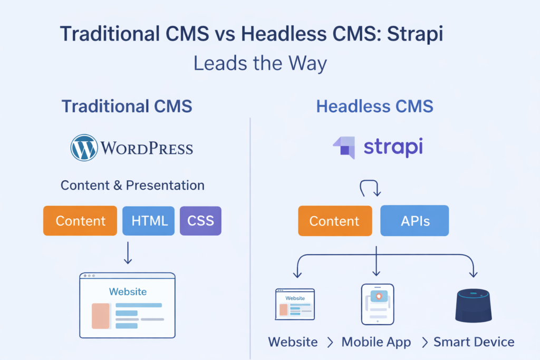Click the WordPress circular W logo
pyautogui.click(x=84, y=148)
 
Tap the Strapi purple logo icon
pyautogui.click(x=344, y=147)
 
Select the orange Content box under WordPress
pyautogui.click(x=80, y=221)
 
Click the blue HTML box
pyautogui.click(x=148, y=221)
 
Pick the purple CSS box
pyautogui.click(x=200, y=221)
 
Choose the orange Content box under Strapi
pyautogui.click(x=335, y=221)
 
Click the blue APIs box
pyautogui.click(x=414, y=221)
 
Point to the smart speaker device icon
pyautogui.click(x=474, y=306)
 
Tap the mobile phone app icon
pyautogui.click(x=378, y=304)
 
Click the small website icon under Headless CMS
pyautogui.click(x=295, y=304)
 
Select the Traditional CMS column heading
pyautogui.click(x=127, y=106)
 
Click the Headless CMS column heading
pyautogui.click(x=375, y=106)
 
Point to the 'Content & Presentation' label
pyautogui.click(x=132, y=185)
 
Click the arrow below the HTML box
pyautogui.click(x=128, y=252)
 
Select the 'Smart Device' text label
pyautogui.click(x=474, y=342)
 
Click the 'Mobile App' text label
pyautogui.click(x=376, y=342)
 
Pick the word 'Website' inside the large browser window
pyautogui.click(x=128, y=291)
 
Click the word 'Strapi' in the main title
pyautogui.click(x=415, y=34)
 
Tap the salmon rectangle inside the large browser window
pyautogui.click(x=101, y=316)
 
